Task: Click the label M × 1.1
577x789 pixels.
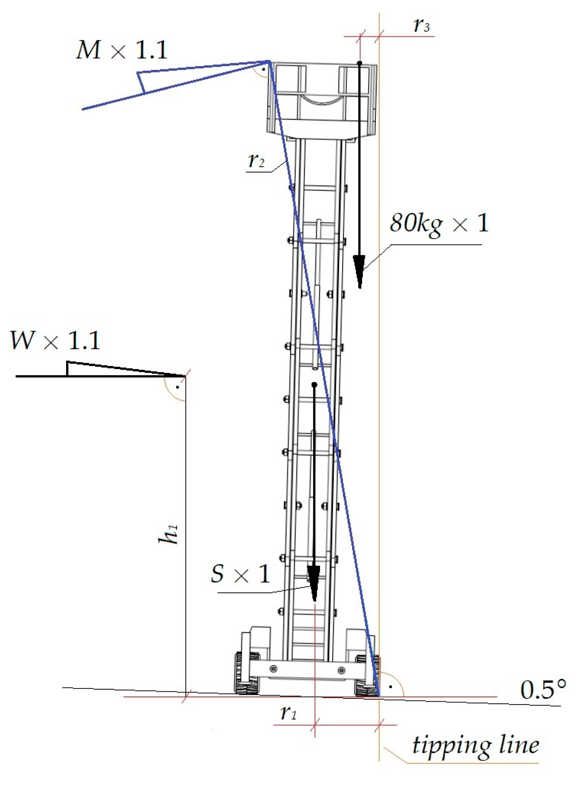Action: pos(122,50)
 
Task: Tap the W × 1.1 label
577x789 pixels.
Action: pos(55,340)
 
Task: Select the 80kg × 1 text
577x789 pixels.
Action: pos(439,224)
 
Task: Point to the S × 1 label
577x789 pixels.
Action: pos(240,574)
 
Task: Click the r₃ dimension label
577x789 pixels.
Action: pos(422,26)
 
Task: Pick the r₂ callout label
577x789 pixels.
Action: pos(256,160)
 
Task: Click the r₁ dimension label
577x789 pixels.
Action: pos(288,713)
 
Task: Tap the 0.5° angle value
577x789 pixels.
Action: pos(542,690)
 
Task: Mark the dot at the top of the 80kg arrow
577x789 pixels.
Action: pos(360,63)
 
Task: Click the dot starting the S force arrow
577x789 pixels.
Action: pos(314,385)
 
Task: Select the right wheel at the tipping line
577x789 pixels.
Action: pos(368,676)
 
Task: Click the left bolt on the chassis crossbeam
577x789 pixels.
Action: pos(274,669)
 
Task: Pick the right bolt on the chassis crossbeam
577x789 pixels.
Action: pos(341,670)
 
